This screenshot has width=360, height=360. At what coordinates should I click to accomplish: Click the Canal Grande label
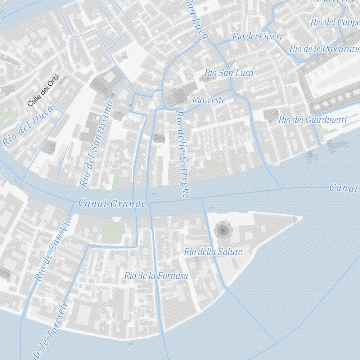coord(112,203)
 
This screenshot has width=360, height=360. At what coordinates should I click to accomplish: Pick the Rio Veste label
coord(209,100)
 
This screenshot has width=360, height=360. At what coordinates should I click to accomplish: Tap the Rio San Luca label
coord(229,73)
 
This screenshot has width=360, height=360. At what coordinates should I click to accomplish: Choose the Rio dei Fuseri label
coord(257,36)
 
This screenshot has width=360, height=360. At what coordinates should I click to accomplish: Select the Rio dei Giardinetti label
coord(312,120)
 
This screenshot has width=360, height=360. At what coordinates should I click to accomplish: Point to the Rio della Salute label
coord(213,252)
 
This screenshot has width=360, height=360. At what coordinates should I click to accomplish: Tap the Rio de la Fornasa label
coord(156,276)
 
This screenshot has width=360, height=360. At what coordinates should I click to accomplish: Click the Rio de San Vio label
coord(53,249)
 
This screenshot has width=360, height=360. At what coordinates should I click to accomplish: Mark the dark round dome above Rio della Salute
coord(223,229)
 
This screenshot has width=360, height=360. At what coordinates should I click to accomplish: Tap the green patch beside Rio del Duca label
coord(6,116)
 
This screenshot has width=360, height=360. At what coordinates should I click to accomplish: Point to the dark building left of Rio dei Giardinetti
coord(271,115)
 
